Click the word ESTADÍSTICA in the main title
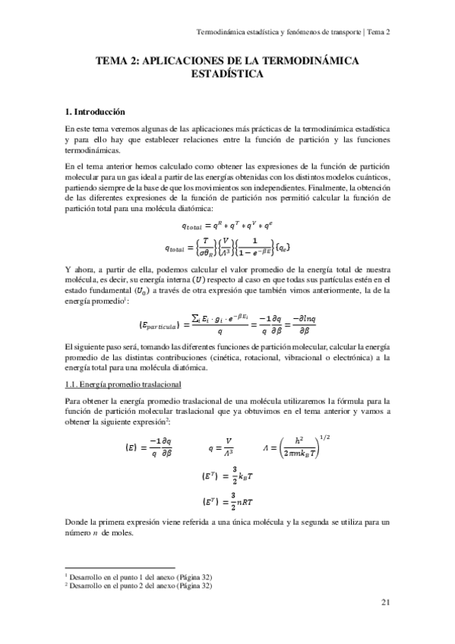tap(227, 74)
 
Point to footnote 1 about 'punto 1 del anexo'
tap(138, 577)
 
